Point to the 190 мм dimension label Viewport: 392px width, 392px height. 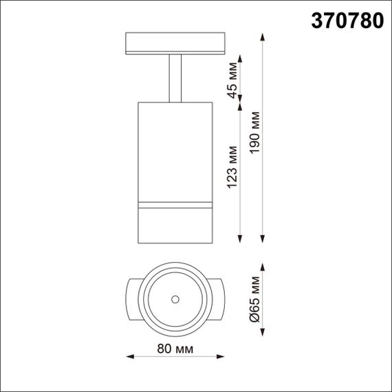pos(256,138)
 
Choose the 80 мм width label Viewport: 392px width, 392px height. pos(176,350)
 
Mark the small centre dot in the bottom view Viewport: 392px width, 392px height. pos(175,298)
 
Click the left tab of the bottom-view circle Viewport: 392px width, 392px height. pos(134,298)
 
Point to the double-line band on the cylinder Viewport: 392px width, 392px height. pos(174,204)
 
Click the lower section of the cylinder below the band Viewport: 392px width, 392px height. pos(174,223)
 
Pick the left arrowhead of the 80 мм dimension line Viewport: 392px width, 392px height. pos(131,356)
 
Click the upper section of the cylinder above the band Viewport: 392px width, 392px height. pos(174,151)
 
